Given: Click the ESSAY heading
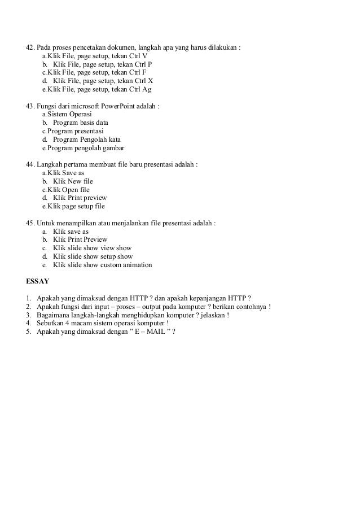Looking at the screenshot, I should (38, 281).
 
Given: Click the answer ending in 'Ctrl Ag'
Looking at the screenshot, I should (96, 89).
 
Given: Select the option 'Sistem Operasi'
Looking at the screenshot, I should (67, 114).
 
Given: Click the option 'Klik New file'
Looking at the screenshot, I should (73, 181).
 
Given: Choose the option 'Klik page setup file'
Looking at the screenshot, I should (73, 206).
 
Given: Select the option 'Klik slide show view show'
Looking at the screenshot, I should (92, 248).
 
